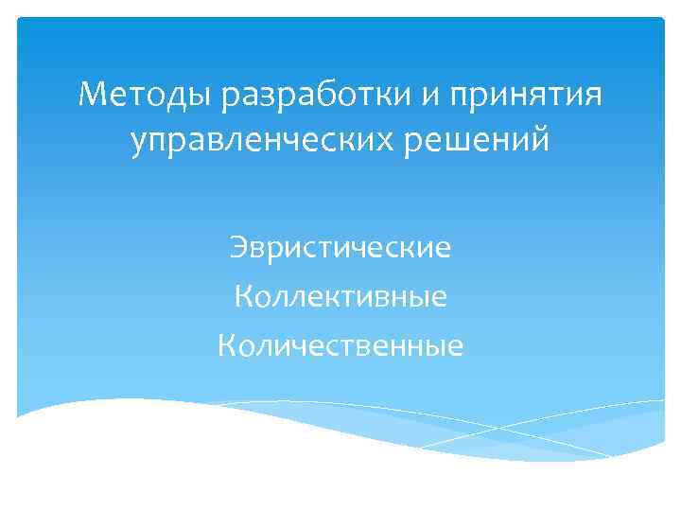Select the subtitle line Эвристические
pos(340,249)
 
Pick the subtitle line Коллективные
pos(340,298)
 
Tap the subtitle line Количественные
pos(340,346)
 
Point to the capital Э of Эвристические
pos(237,249)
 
